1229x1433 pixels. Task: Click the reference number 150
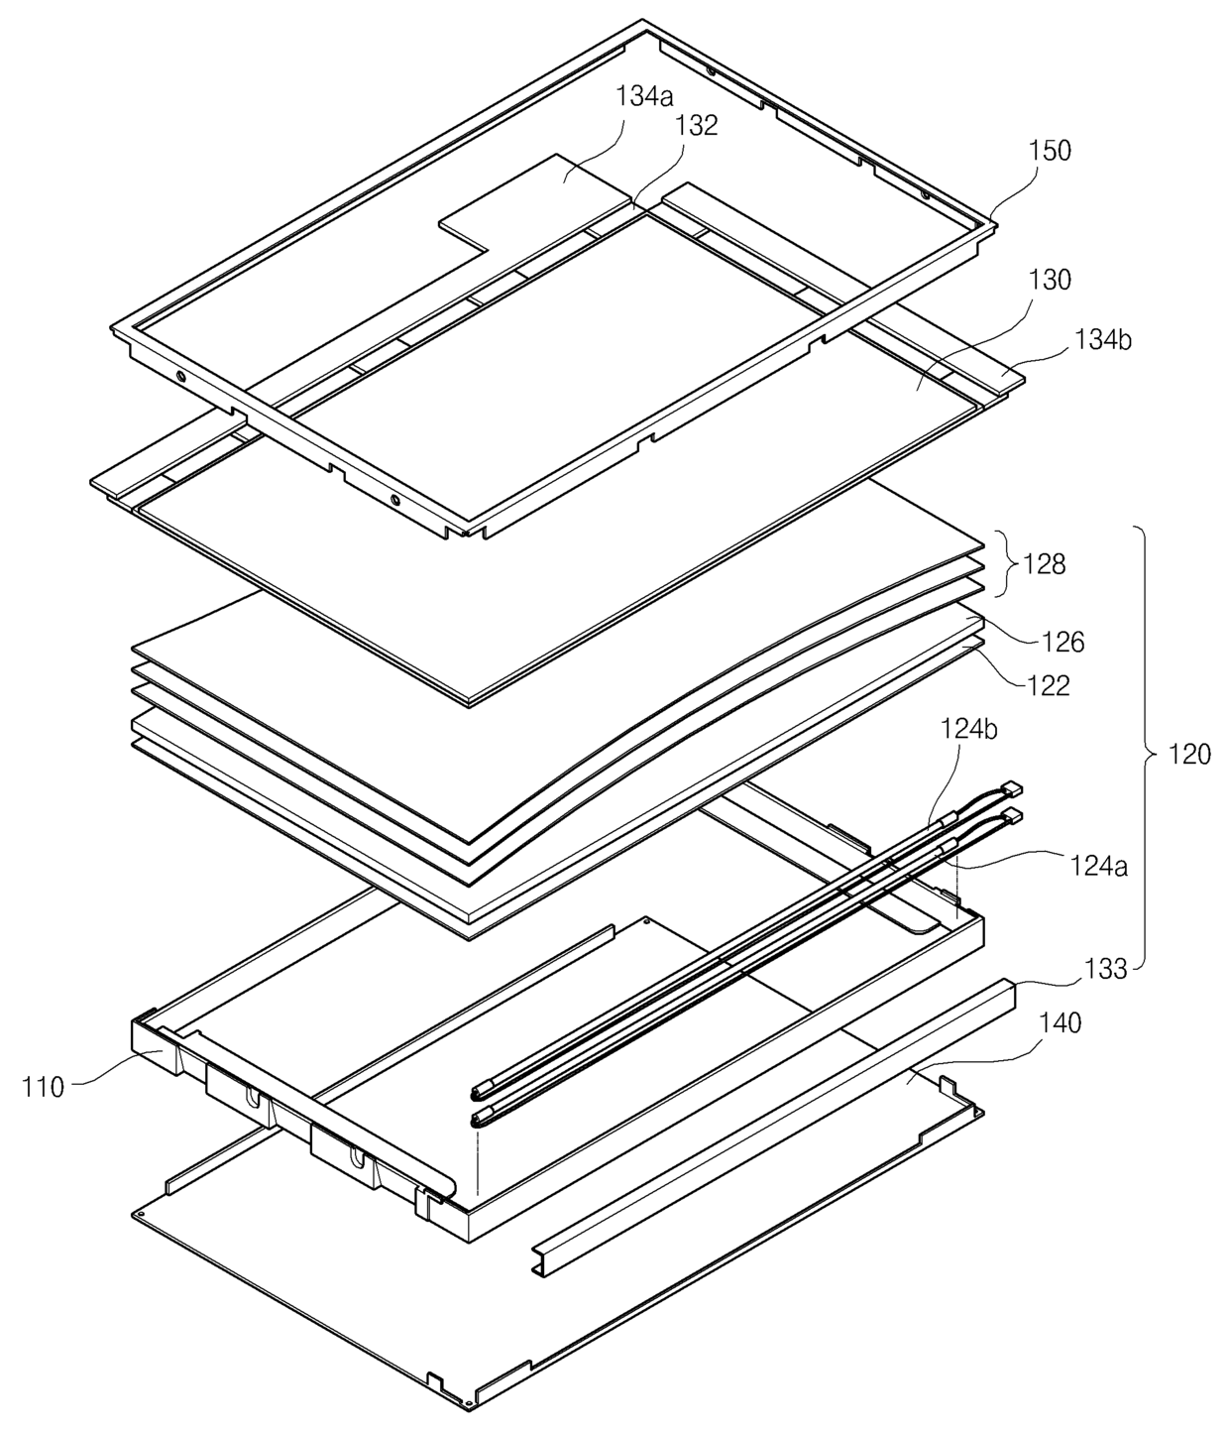coord(1050,151)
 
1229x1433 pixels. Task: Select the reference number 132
coord(697,125)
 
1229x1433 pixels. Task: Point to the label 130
coord(1050,280)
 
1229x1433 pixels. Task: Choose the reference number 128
coord(1046,564)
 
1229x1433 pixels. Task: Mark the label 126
coord(1063,642)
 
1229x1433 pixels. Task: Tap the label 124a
coord(1097,865)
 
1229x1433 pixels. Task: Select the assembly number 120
coord(1189,755)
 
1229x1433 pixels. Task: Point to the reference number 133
coord(1105,968)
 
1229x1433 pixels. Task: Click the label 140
coord(1059,1021)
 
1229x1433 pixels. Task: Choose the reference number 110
coord(44,1087)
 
